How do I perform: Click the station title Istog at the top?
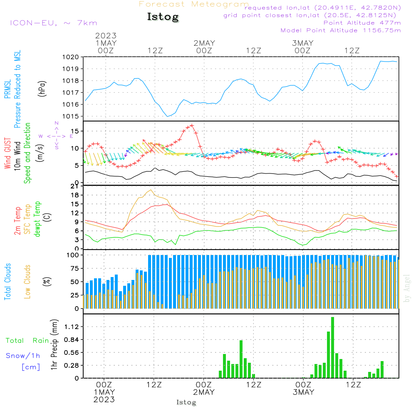coord(163,17)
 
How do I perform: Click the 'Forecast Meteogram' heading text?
coord(194,4)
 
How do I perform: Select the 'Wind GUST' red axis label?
coord(7,154)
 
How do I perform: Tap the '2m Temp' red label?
coord(17,220)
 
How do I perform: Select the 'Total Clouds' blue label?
coord(7,282)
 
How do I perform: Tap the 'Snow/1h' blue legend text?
coord(23,356)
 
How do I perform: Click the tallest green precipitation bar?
coord(333,347)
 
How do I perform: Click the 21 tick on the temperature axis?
coord(74,186)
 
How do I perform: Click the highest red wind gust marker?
coord(192,125)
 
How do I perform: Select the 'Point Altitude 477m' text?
coord(362,22)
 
